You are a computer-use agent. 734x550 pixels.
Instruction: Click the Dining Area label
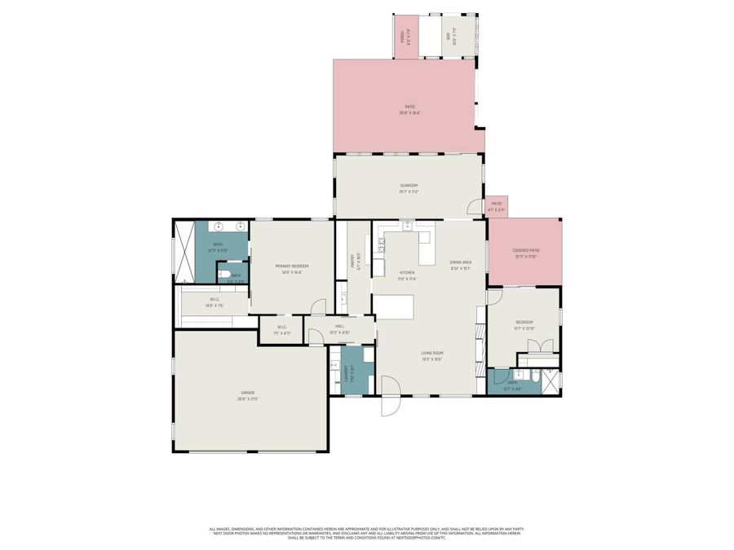(x=461, y=263)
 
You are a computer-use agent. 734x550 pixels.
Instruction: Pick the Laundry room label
(x=346, y=373)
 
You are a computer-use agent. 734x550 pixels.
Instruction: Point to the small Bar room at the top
(x=449, y=36)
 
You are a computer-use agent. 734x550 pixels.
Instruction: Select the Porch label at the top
(x=403, y=37)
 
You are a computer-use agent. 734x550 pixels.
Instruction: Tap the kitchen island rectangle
(x=394, y=306)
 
